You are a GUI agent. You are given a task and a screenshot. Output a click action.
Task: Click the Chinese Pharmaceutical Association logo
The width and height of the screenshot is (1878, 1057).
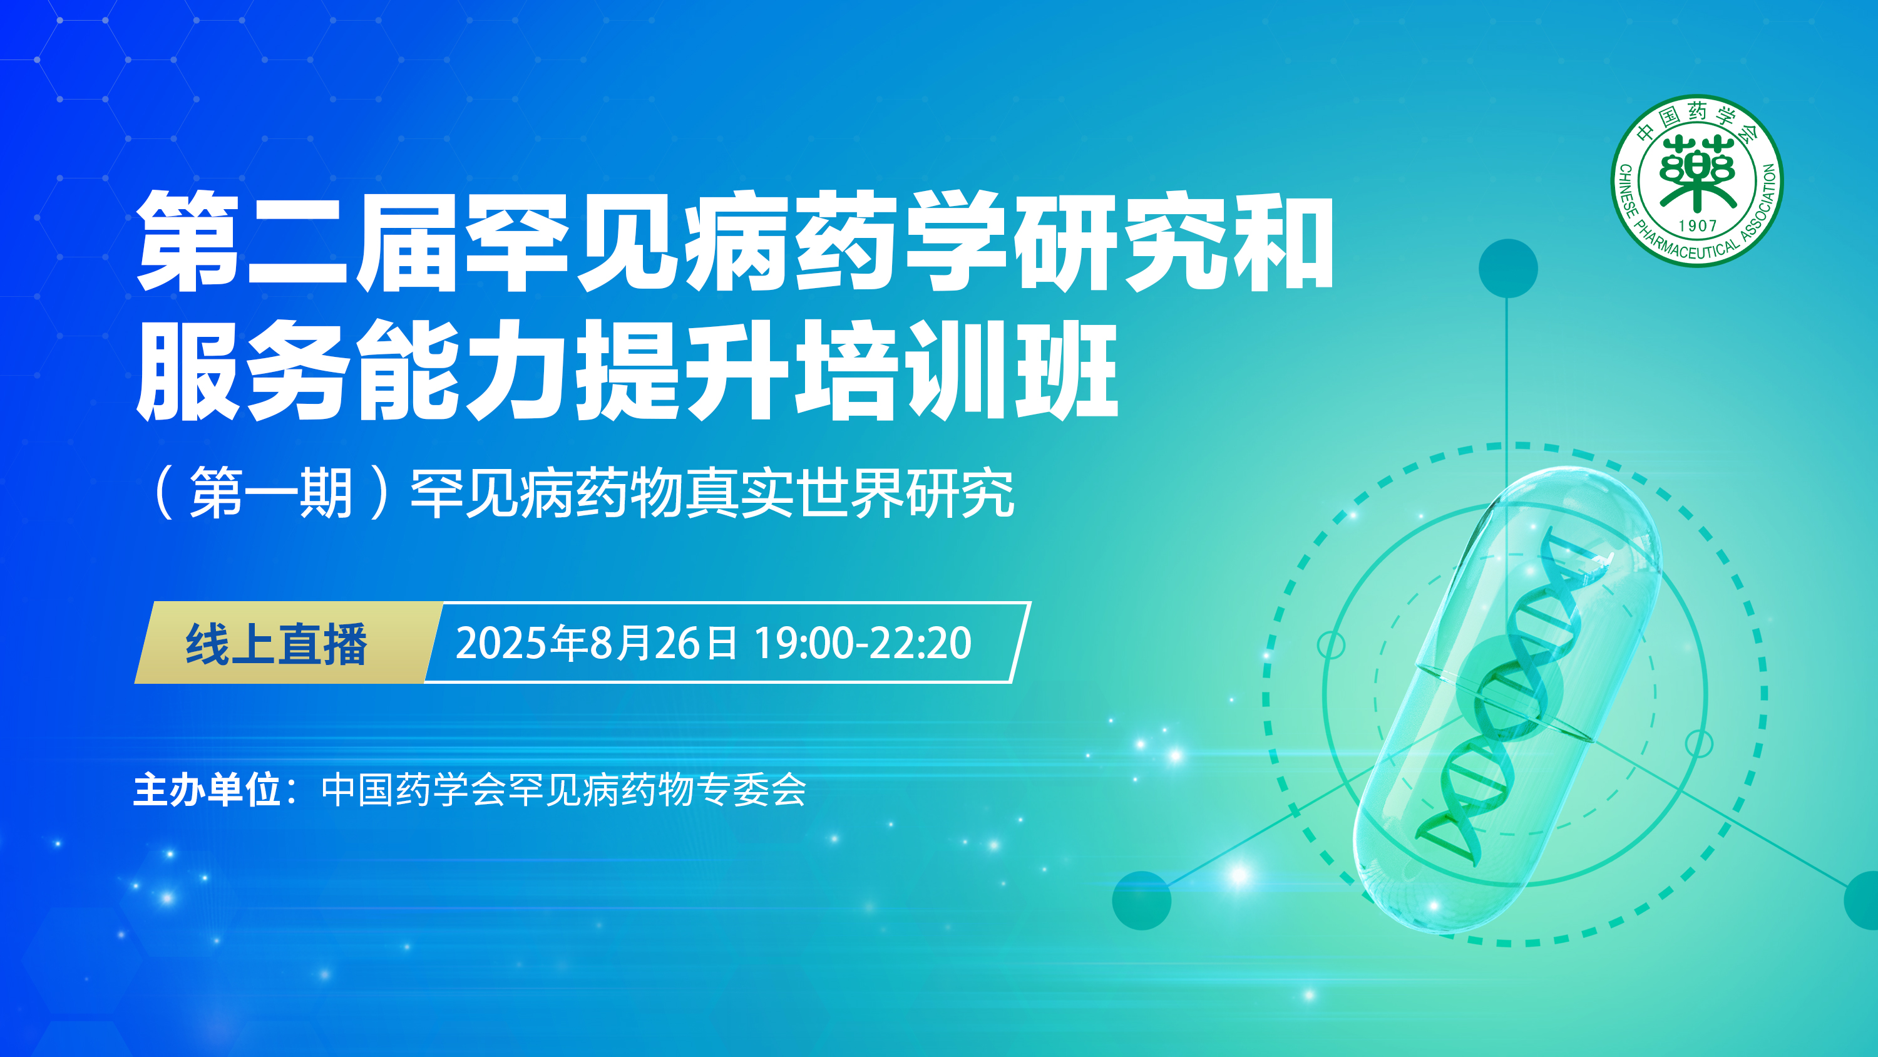tap(1696, 181)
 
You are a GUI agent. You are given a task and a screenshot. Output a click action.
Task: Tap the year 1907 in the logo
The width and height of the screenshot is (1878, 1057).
tap(1698, 226)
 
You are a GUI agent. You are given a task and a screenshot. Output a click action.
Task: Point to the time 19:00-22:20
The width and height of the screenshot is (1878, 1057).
tap(863, 643)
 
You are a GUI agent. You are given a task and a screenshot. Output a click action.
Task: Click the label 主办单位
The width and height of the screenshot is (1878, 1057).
tap(207, 790)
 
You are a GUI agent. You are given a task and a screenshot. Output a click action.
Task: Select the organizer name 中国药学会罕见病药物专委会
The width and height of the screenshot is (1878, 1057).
tap(563, 790)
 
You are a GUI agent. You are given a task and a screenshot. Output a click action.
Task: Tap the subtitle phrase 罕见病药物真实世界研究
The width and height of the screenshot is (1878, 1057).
tap(712, 494)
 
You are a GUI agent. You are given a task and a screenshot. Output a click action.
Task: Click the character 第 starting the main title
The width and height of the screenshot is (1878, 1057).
tap(188, 240)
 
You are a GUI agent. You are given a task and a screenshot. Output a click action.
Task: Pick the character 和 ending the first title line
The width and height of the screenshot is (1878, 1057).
tap(1283, 240)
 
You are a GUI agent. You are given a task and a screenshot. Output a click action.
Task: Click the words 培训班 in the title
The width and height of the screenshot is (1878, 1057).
tap(957, 370)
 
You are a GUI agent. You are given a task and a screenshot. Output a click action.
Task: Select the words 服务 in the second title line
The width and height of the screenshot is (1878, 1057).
tap(241, 370)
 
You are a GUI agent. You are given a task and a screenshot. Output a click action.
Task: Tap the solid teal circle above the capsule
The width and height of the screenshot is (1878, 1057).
tap(1507, 269)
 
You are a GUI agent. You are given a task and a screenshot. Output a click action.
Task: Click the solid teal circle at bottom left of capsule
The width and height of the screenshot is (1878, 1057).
tap(1142, 900)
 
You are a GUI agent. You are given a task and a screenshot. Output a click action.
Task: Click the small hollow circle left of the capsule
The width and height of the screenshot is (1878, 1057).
tap(1332, 645)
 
